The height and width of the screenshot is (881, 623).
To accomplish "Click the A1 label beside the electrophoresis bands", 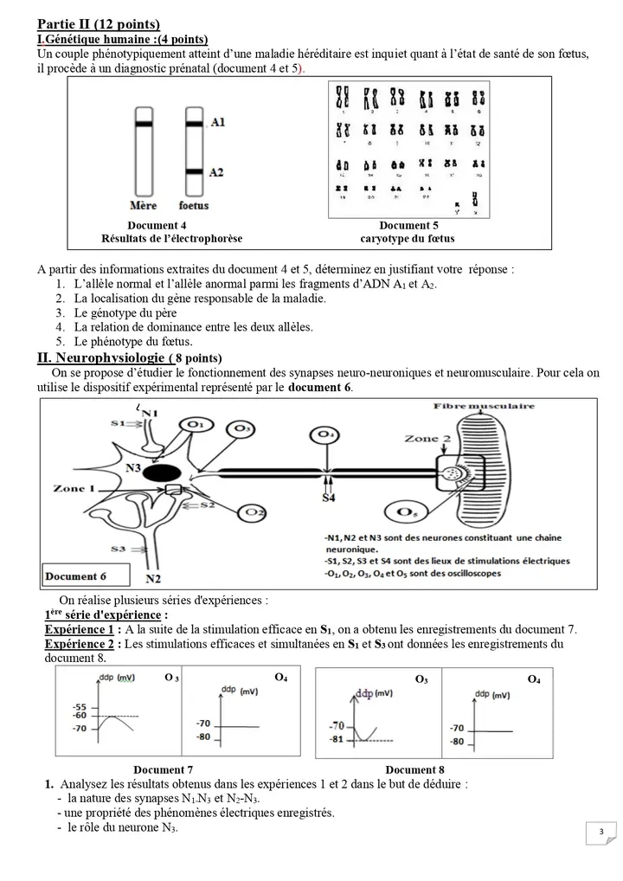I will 217,123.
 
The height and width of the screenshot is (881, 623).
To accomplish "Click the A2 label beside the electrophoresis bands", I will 217,172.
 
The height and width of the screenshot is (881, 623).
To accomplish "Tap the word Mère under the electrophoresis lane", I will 143,206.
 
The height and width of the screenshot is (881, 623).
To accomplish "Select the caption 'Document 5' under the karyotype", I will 408,225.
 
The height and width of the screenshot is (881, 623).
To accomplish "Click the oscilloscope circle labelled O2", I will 254,513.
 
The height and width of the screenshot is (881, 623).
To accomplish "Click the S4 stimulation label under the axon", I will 329,498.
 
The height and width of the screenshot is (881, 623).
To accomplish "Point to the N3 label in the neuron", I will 133,467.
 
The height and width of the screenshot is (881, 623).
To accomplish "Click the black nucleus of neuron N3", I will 162,473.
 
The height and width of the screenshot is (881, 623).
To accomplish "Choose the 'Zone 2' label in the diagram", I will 428,439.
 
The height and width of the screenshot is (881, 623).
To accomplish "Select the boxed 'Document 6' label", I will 76,576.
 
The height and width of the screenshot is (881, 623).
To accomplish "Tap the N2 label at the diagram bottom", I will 153,578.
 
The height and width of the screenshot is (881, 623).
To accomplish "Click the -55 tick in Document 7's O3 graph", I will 80,707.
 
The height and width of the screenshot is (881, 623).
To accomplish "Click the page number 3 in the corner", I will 601,833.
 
